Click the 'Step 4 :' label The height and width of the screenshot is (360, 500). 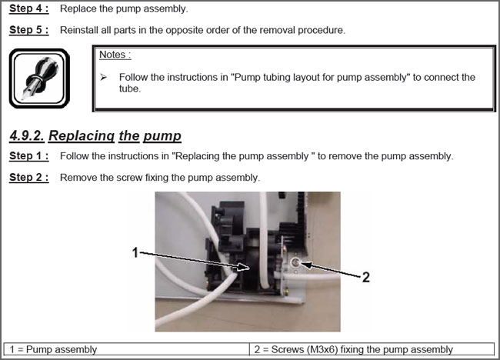pos(29,8)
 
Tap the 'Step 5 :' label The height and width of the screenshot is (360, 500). pos(29,30)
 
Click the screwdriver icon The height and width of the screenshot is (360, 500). pos(39,78)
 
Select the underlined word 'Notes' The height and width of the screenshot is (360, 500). pos(112,55)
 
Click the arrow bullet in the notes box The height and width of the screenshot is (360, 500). pos(103,77)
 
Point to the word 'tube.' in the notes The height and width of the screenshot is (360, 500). pos(130,88)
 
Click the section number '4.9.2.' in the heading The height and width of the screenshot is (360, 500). pos(27,135)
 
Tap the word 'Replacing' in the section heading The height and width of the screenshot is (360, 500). pos(82,136)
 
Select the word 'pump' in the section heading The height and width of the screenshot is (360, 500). pos(162,136)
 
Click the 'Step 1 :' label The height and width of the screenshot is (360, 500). pos(29,156)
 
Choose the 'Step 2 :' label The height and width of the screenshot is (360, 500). pos(29,177)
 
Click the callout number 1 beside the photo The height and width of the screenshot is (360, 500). pos(135,252)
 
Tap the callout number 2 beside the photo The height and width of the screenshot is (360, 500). pos(365,277)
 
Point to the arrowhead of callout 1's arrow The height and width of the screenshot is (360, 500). pos(244,267)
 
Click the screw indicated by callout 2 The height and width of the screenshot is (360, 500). pos(295,263)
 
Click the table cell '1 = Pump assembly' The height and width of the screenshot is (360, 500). pos(126,349)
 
